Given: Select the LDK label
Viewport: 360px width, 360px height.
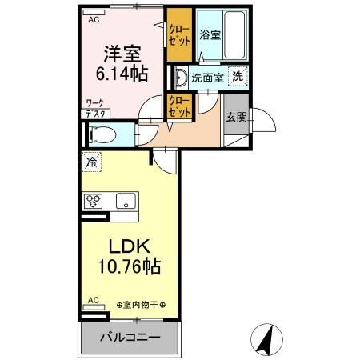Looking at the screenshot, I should click(x=126, y=246).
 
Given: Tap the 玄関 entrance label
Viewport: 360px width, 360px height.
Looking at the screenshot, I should click(x=236, y=117).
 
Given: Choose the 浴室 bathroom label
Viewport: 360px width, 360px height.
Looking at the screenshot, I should click(x=210, y=35).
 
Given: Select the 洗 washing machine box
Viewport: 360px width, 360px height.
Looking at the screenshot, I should click(x=238, y=77).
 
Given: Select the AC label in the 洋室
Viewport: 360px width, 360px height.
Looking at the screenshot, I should click(x=94, y=19).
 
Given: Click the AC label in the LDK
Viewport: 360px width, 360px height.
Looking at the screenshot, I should click(x=92, y=301).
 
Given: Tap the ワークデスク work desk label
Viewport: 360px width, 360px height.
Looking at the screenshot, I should click(x=95, y=109).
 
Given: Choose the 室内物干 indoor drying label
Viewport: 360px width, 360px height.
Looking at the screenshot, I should click(x=141, y=305).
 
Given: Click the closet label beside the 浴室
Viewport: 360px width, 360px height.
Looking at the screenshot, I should click(x=178, y=35).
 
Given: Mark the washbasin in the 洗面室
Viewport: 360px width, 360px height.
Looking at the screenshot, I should click(x=180, y=78).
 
